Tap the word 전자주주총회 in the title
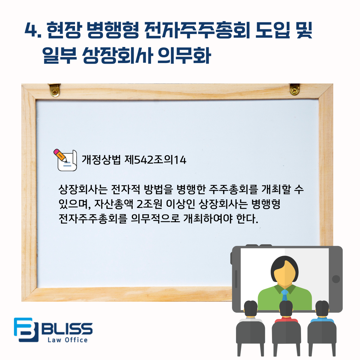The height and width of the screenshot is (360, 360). (197, 30)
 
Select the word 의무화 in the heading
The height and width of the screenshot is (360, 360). (184, 56)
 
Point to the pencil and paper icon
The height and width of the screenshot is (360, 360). (65, 160)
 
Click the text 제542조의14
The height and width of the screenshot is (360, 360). (155, 160)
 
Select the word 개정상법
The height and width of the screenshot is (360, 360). (101, 160)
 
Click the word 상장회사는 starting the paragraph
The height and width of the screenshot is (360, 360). (83, 189)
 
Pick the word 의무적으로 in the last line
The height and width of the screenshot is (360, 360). (155, 218)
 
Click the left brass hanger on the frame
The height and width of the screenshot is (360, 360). (54, 90)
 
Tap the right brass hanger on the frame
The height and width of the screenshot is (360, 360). (295, 89)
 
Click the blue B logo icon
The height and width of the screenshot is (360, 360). (26, 329)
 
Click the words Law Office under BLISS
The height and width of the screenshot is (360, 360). (67, 340)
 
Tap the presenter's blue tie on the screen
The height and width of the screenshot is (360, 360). (285, 295)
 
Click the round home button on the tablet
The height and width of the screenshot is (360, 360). (336, 279)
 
